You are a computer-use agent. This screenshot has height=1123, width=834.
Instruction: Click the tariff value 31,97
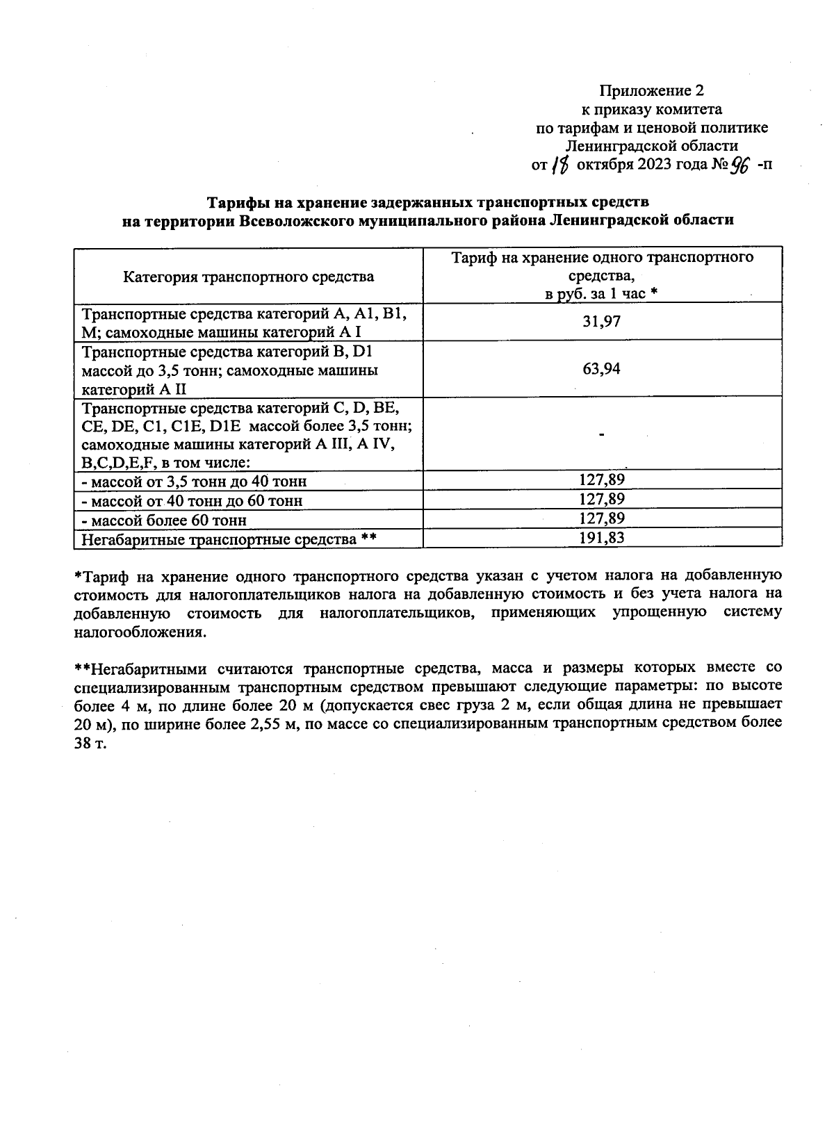pos(602,322)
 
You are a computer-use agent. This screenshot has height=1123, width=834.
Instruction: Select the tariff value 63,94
pos(602,369)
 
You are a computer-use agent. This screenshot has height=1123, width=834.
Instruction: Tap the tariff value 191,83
pos(602,537)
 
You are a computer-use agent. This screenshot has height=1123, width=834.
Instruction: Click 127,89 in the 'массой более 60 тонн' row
pos(602,518)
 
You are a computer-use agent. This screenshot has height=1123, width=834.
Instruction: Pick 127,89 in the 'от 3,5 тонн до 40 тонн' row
pos(602,479)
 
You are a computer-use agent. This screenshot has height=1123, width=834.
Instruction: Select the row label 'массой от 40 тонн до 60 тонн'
pos(193,500)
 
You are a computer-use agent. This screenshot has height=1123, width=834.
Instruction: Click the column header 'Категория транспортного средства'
pos(248,277)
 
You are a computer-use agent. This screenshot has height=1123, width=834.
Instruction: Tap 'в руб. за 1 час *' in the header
pos(602,294)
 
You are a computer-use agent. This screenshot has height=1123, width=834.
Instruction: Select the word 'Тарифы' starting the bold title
pos(236,202)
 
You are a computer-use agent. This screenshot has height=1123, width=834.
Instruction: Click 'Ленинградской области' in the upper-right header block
pos(651,146)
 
